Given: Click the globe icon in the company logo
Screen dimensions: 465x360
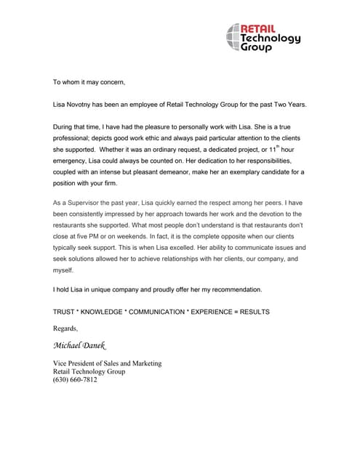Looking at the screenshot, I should click(233, 38).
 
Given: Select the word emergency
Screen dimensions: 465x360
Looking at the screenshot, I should click(76, 161).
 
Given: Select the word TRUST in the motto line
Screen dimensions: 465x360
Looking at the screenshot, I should click(65, 312).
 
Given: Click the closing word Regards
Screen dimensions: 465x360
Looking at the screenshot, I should click(65, 329).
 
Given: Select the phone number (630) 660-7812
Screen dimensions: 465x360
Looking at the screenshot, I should click(76, 380).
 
